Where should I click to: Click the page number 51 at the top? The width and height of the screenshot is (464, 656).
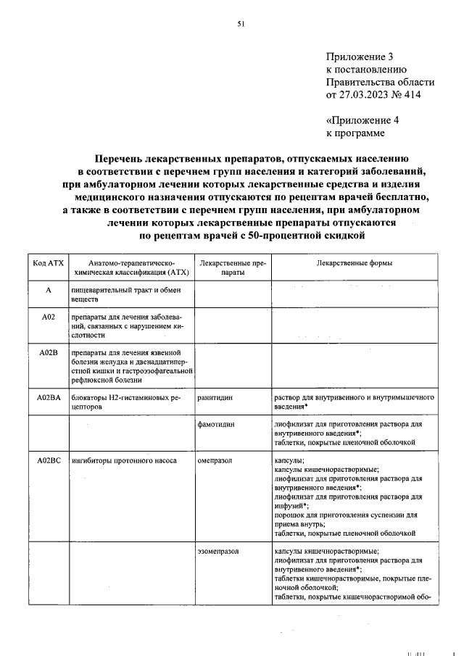point(241,24)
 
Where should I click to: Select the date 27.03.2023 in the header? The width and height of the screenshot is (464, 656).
point(365,95)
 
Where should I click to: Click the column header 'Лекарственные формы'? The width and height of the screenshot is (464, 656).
point(355,263)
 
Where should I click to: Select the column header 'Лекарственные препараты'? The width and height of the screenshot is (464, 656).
point(233,268)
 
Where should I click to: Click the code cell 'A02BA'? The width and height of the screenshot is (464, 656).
point(49,398)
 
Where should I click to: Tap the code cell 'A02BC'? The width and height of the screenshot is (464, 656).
point(49,460)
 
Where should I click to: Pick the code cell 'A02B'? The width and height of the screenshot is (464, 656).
point(49,353)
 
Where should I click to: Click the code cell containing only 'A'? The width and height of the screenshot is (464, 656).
point(49,290)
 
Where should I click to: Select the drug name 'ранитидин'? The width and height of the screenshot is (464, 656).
point(214,398)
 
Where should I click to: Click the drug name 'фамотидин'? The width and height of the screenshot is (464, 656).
point(215,423)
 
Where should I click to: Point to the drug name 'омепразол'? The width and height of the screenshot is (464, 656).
point(215,460)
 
